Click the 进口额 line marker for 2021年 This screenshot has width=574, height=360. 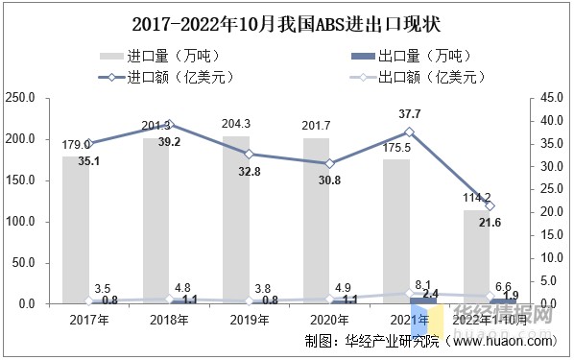click(x=410, y=132)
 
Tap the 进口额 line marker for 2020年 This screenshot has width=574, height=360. click(x=329, y=163)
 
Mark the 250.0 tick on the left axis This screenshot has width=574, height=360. click(x=21, y=98)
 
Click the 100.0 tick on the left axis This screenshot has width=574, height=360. click(x=21, y=222)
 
